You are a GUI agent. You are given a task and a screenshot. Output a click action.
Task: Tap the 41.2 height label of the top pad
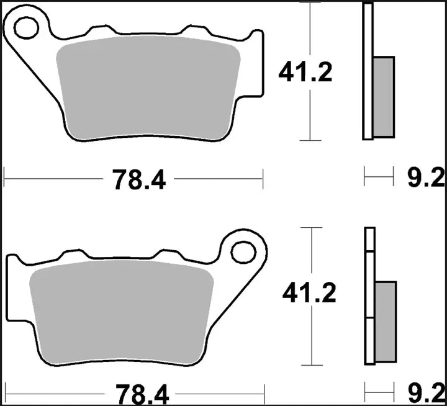coord(305,73)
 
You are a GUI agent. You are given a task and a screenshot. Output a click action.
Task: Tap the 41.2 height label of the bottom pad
coord(309,293)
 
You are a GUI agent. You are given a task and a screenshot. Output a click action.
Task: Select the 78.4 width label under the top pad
coord(139,180)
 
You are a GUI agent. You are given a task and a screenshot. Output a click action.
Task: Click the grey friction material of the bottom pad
coord(121,310)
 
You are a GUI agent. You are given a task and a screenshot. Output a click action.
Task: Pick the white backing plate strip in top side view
coord(368,71)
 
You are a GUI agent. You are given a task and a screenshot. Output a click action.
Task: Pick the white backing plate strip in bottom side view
coord(369,298)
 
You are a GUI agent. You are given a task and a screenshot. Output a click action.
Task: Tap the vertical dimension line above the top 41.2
coord(309,31)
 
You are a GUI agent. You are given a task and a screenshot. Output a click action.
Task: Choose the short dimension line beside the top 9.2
coord(379,179)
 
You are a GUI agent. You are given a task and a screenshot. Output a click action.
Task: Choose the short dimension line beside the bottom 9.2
coord(380,393)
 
